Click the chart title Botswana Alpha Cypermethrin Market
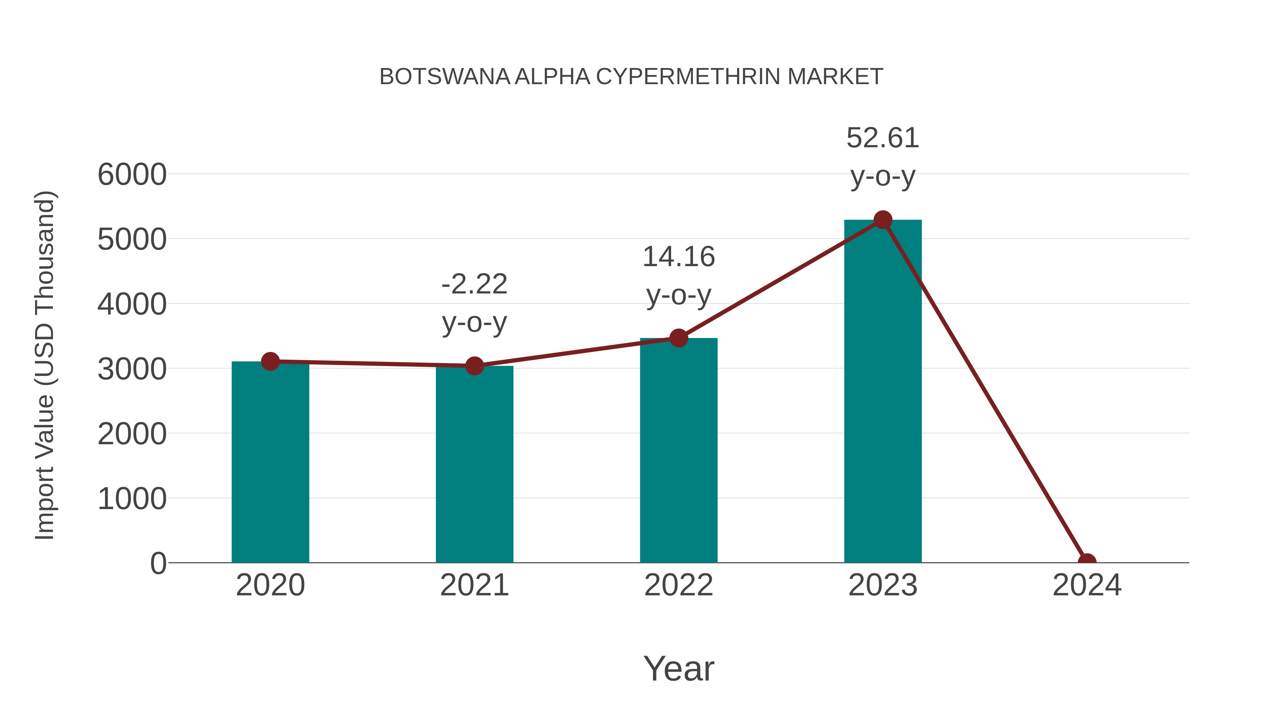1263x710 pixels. click(x=631, y=77)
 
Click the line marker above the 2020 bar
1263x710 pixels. click(x=270, y=361)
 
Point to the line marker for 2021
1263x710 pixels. click(x=474, y=366)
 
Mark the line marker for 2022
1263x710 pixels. click(x=679, y=338)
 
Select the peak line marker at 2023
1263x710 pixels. click(x=883, y=220)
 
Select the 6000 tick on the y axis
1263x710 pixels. click(x=132, y=175)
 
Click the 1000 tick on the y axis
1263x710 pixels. click(x=132, y=499)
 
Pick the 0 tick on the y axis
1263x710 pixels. click(x=158, y=563)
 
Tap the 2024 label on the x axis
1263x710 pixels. click(x=1087, y=585)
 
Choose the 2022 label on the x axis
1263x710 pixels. click(x=679, y=585)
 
